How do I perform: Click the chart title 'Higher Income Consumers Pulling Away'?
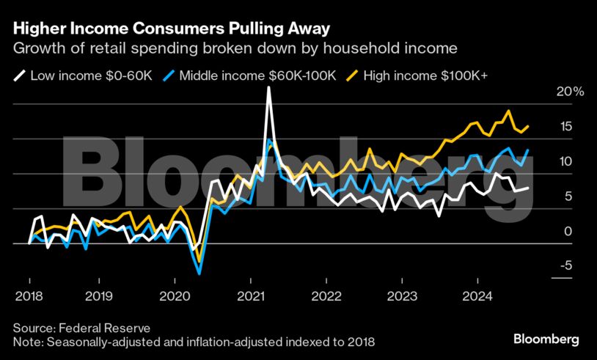coord(171,29)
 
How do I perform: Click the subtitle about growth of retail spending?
coord(235,49)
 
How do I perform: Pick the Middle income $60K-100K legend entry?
coord(249,75)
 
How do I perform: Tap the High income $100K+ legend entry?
coord(422,75)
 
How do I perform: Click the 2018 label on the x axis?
coord(29,296)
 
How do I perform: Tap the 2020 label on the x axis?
coord(175,296)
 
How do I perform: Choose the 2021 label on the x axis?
coord(250,296)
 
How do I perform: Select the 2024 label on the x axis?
coord(477,296)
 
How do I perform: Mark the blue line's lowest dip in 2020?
coord(199,273)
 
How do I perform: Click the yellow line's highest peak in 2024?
coord(508,111)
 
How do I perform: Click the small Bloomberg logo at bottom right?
coord(546,339)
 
